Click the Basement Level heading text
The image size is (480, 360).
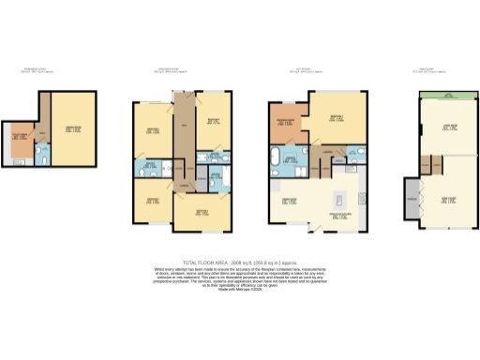coord(37,69)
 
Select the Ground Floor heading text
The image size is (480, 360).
coord(177,69)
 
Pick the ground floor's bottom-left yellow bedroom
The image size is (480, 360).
coord(150,201)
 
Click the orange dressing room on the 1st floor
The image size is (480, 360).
coord(286,126)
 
